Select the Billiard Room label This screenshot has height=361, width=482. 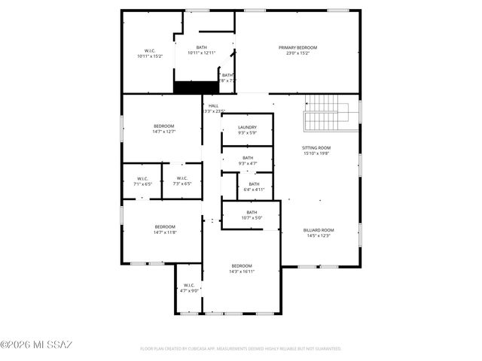point(318,230)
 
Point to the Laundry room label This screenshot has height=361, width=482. point(248,128)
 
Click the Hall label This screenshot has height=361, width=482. point(214,106)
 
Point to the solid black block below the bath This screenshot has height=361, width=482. point(189,87)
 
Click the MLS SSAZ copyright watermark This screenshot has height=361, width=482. point(36,345)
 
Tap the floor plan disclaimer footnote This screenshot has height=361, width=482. point(241,349)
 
